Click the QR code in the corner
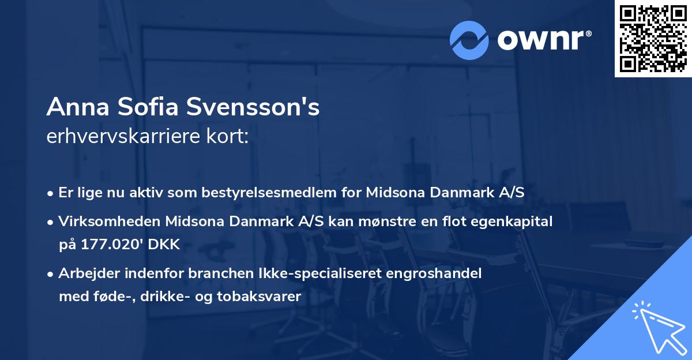(x=653, y=39)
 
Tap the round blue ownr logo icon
(x=469, y=40)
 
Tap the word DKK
(x=165, y=245)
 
